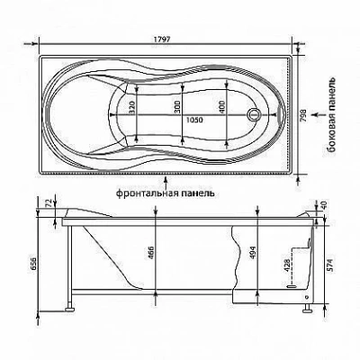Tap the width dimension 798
[x=303, y=115]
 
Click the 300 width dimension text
[x=177, y=107]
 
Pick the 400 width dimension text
[x=222, y=107]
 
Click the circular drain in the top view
[x=254, y=114]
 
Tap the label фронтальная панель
[x=166, y=193]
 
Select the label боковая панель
[x=331, y=114]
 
